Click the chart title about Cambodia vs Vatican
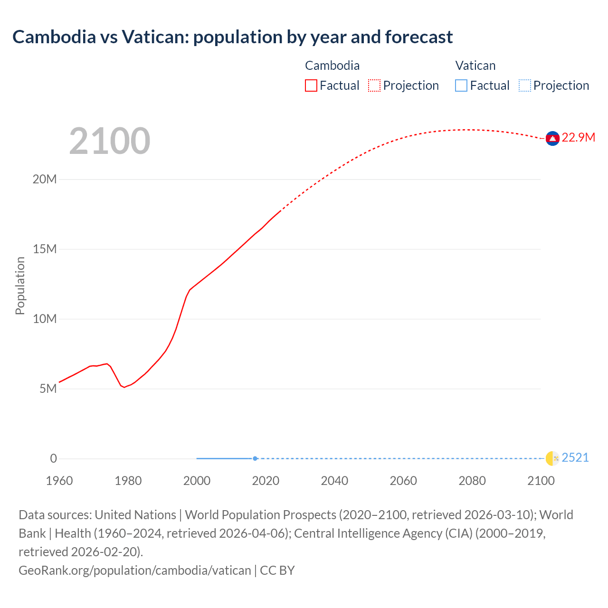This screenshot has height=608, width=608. pyautogui.click(x=233, y=37)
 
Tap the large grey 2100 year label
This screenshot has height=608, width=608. pyautogui.click(x=110, y=141)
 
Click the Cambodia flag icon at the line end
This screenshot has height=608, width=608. pyautogui.click(x=552, y=138)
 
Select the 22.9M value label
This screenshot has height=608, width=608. pyautogui.click(x=578, y=138)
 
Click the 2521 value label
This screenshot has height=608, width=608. pyautogui.click(x=575, y=458)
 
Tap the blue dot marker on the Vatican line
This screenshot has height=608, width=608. pyautogui.click(x=255, y=458)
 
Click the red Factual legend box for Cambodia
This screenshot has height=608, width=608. pyautogui.click(x=311, y=85)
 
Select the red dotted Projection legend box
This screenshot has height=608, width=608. pyautogui.click(x=374, y=85)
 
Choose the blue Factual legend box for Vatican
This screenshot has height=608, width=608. pyautogui.click(x=461, y=85)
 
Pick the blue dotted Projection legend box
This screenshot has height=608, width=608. pyautogui.click(x=524, y=85)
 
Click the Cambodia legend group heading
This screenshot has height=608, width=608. pyautogui.click(x=332, y=66)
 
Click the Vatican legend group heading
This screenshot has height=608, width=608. pyautogui.click(x=475, y=66)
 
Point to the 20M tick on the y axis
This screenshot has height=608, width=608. pyautogui.click(x=45, y=180)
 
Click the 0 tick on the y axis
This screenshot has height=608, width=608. pyautogui.click(x=53, y=459)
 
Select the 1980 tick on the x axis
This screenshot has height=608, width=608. pyautogui.click(x=128, y=481)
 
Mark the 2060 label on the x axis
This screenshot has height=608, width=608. pyautogui.click(x=403, y=481)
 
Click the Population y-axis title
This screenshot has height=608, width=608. pyautogui.click(x=20, y=285)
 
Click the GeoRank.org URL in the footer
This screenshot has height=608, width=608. pyautogui.click(x=134, y=570)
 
